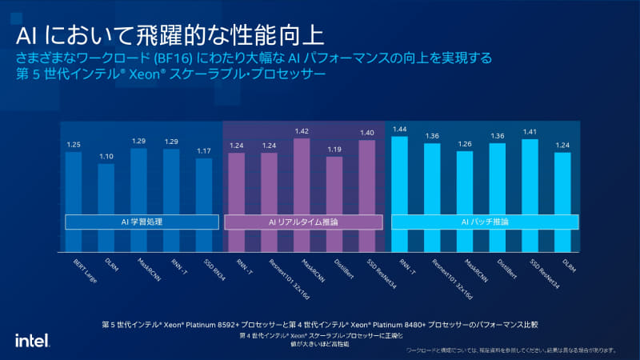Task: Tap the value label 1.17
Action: [204, 151]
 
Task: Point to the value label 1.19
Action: [334, 150]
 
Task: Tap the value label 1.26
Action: [465, 144]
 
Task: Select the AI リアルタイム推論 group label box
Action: [302, 222]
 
